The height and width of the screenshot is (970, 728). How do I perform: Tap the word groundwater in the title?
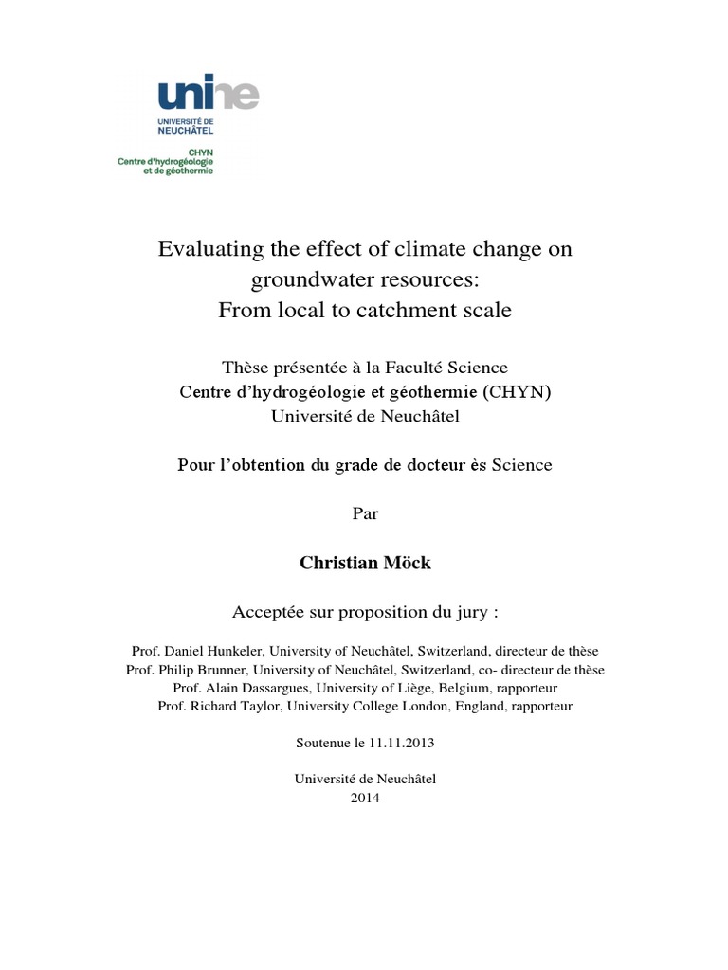point(301,280)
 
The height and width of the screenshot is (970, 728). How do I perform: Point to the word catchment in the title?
point(413,311)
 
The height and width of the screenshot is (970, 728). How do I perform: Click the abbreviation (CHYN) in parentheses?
point(516,393)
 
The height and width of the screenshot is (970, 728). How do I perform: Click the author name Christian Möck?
point(364,563)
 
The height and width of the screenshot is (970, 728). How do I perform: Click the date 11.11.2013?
point(399,743)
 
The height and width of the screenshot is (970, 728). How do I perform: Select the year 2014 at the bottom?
point(364,798)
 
